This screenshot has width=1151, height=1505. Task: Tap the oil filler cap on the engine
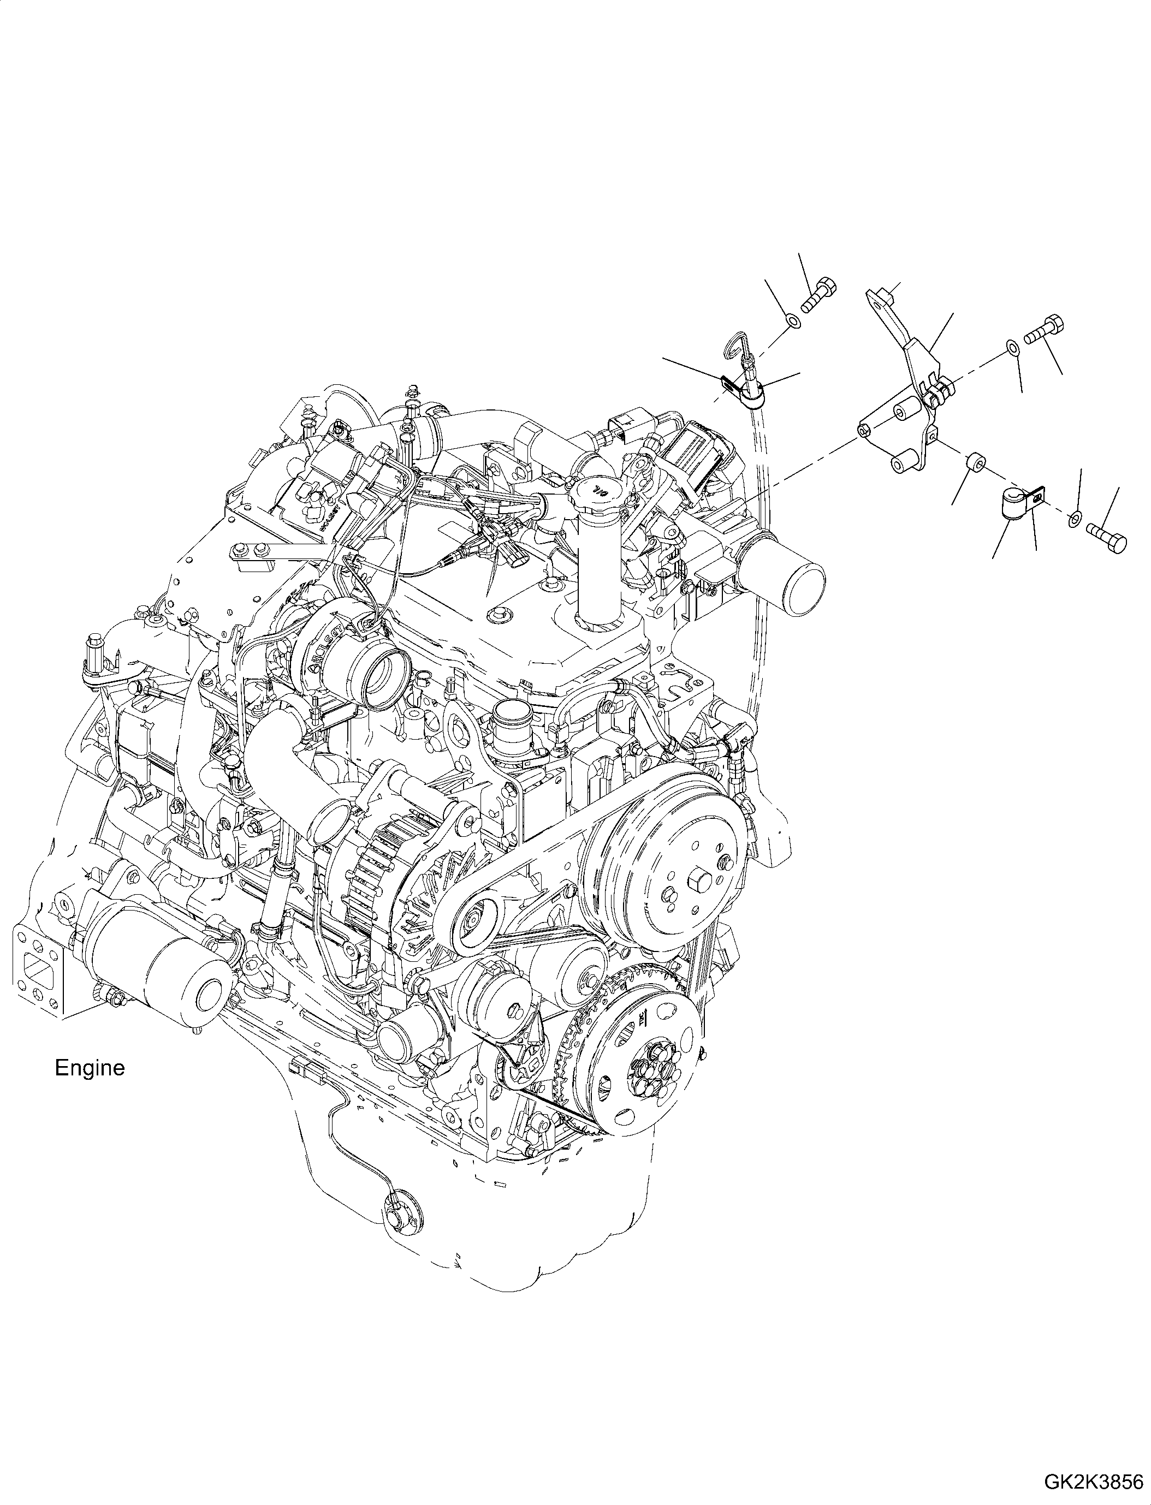[598, 491]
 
